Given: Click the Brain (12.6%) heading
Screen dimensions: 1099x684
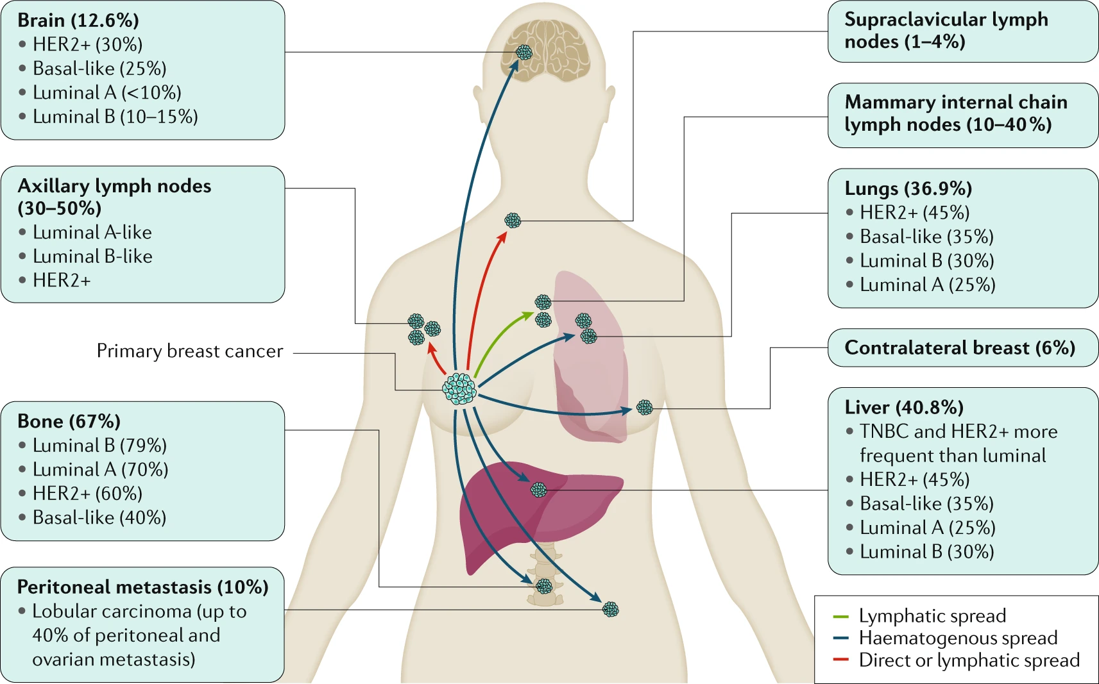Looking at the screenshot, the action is pyautogui.click(x=78, y=21).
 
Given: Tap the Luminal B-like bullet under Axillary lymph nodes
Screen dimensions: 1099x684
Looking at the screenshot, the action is pyautogui.click(x=86, y=256).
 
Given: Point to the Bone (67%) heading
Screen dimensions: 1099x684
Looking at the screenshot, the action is pyautogui.click(x=69, y=421).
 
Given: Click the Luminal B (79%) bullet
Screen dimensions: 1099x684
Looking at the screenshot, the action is pyautogui.click(x=93, y=446).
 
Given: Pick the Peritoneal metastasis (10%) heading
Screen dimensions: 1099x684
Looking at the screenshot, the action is pyautogui.click(x=143, y=587).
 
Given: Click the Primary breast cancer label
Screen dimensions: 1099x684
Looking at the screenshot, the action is pyautogui.click(x=190, y=351).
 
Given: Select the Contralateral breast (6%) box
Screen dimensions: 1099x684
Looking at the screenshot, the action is pyautogui.click(x=962, y=347).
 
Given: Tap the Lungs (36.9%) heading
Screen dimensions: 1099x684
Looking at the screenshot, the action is pyautogui.click(x=908, y=188).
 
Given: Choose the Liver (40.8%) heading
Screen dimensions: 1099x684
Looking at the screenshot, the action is pyautogui.click(x=904, y=408).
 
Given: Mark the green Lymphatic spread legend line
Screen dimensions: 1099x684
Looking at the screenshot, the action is pyautogui.click(x=841, y=616).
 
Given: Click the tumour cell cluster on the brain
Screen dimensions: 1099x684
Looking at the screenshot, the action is pyautogui.click(x=524, y=52).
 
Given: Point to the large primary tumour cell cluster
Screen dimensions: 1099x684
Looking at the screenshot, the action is pyautogui.click(x=459, y=389).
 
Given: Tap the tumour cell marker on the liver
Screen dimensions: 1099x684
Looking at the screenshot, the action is pyautogui.click(x=539, y=489).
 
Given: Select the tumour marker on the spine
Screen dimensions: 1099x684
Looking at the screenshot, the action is pyautogui.click(x=544, y=586).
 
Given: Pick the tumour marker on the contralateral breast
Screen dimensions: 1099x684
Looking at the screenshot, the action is pyautogui.click(x=645, y=408).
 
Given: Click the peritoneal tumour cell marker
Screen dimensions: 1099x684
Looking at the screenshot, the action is pyautogui.click(x=610, y=610).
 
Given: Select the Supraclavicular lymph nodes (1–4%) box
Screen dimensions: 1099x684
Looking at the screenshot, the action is pyautogui.click(x=962, y=31).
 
